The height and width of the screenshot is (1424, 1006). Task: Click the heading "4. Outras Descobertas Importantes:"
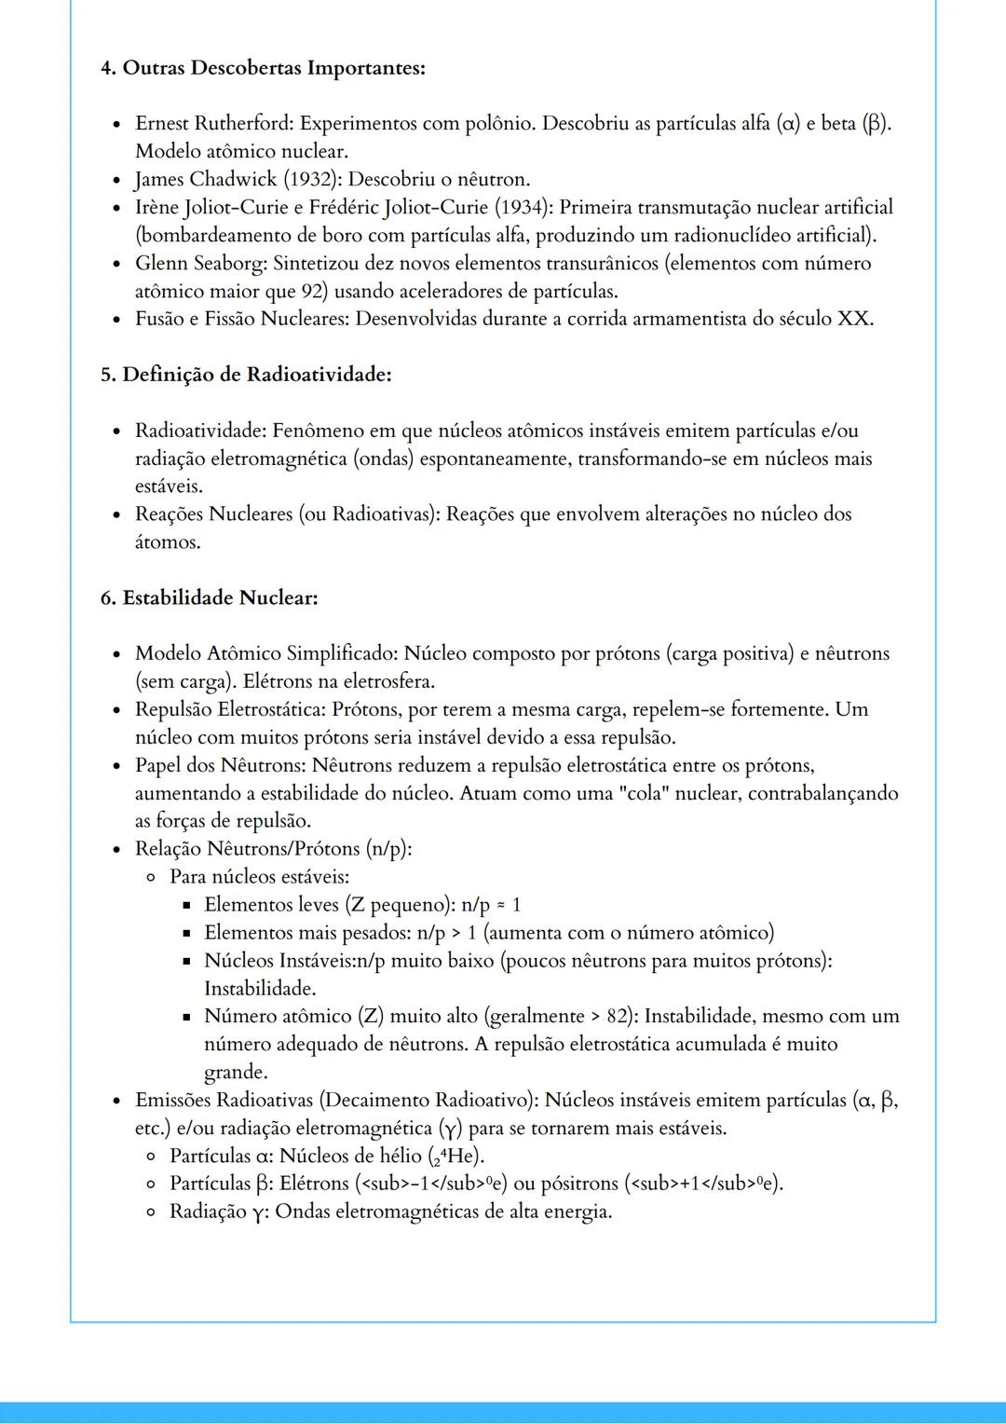point(263,68)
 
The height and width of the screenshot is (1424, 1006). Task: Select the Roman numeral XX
point(854,319)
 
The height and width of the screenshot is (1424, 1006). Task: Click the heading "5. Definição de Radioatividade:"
point(246,375)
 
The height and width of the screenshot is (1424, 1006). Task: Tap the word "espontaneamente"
point(493,459)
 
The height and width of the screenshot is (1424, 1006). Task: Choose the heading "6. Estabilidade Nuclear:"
point(209,597)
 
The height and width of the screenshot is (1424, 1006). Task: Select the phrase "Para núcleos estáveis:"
point(259,877)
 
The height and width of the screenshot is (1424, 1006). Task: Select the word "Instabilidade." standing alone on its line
point(260,988)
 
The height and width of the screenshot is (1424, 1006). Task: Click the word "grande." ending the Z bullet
point(236,1072)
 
